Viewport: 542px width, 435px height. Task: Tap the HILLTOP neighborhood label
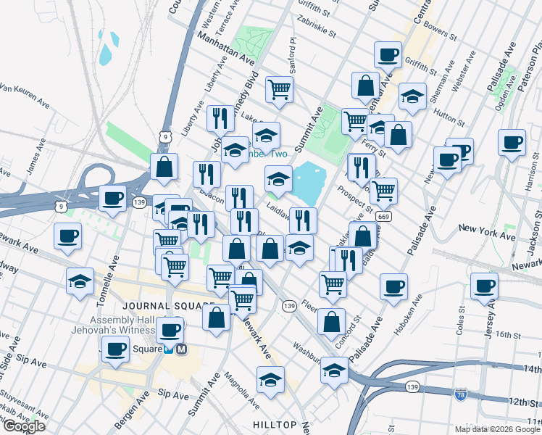tap(275, 424)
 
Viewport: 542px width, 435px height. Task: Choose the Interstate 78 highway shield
tap(460, 395)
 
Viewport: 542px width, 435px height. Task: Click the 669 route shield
tap(385, 217)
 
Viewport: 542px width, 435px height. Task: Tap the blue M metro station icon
tap(181, 349)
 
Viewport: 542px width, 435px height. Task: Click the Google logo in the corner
tap(23, 426)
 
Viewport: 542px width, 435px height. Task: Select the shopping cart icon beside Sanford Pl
tap(279, 89)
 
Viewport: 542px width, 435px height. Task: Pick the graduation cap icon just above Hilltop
tap(270, 378)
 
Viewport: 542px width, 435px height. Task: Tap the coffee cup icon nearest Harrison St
tap(512, 141)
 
